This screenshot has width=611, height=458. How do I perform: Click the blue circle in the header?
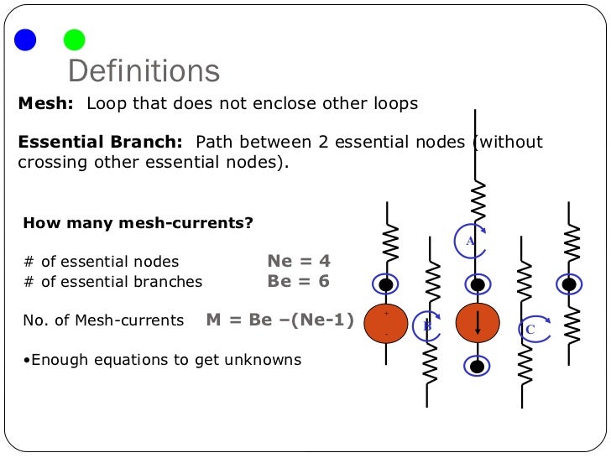pyautogui.click(x=26, y=39)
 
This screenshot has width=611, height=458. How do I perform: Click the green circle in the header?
pyautogui.click(x=75, y=39)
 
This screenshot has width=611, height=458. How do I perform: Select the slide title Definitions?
pyautogui.click(x=144, y=71)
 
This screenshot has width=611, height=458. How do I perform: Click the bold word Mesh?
pyautogui.click(x=47, y=104)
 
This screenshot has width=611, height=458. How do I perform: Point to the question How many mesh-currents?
pyautogui.click(x=138, y=224)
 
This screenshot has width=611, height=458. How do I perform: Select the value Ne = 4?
pyautogui.click(x=299, y=260)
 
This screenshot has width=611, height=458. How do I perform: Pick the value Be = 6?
pyautogui.click(x=299, y=281)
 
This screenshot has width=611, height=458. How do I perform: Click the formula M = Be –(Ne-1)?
pyautogui.click(x=279, y=320)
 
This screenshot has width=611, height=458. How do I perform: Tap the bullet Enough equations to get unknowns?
pyautogui.click(x=162, y=360)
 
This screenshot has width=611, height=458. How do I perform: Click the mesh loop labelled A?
pyautogui.click(x=471, y=242)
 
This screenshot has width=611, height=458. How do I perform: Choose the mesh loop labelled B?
pyautogui.click(x=427, y=326)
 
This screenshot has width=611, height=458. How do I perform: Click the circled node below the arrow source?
pyautogui.click(x=478, y=367)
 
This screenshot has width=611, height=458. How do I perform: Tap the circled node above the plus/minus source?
pyautogui.click(x=386, y=284)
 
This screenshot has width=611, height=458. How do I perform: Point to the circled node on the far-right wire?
pyautogui.click(x=569, y=284)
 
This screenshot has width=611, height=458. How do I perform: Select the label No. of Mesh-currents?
pyautogui.click(x=103, y=320)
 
